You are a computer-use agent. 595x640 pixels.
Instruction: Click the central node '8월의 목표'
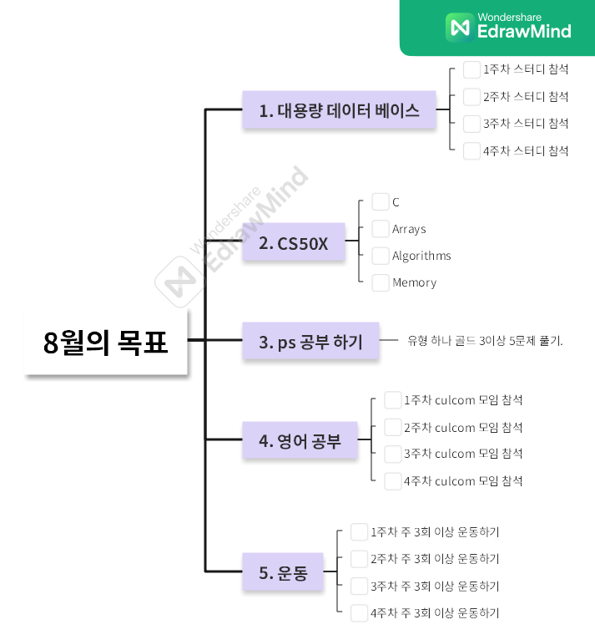pyautogui.click(x=106, y=342)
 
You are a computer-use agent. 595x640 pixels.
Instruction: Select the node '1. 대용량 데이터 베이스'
pyautogui.click(x=339, y=110)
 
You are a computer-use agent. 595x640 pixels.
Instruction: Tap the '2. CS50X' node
pyautogui.click(x=294, y=243)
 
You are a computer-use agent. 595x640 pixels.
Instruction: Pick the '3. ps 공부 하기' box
pyautogui.click(x=310, y=341)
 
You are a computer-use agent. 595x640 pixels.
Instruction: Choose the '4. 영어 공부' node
pyautogui.click(x=300, y=440)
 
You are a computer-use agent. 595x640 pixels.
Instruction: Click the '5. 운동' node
pyautogui.click(x=283, y=572)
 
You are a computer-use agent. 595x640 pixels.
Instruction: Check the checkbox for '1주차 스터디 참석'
pyautogui.click(x=471, y=69)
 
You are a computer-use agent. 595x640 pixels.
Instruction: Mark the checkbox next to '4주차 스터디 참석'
pyautogui.click(x=471, y=150)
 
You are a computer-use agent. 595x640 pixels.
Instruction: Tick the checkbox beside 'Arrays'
pyautogui.click(x=381, y=229)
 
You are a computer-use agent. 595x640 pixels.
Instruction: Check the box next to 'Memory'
pyautogui.click(x=381, y=282)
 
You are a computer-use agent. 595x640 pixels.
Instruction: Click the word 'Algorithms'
pyautogui.click(x=421, y=256)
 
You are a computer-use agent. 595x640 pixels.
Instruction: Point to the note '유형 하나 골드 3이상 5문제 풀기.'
pyautogui.click(x=485, y=341)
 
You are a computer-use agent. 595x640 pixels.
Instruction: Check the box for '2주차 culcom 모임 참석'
pyautogui.click(x=393, y=427)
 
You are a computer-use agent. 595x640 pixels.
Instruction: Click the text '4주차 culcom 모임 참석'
pyautogui.click(x=463, y=480)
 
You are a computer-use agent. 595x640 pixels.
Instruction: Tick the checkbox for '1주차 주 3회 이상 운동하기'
pyautogui.click(x=360, y=531)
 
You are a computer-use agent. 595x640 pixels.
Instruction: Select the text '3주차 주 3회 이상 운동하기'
pyautogui.click(x=435, y=586)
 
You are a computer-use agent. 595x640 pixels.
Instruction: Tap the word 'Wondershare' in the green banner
pyautogui.click(x=510, y=17)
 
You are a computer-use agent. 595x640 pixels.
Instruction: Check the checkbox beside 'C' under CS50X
pyautogui.click(x=381, y=202)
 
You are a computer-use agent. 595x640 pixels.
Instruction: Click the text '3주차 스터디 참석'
pyautogui.click(x=526, y=124)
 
